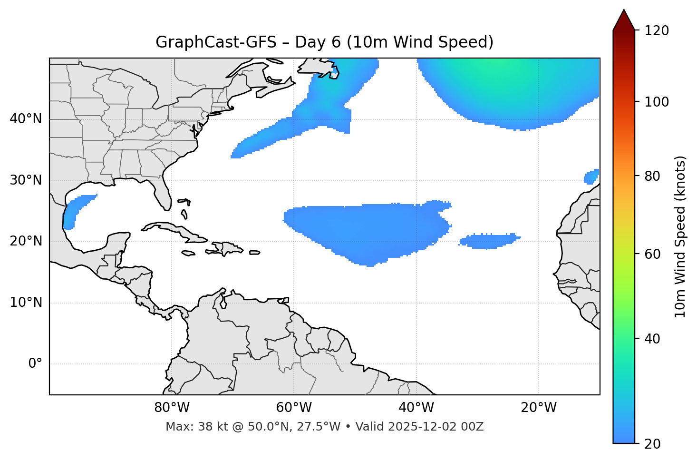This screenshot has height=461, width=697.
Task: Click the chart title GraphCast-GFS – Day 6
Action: tap(324, 42)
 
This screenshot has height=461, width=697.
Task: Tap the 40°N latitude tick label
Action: tap(26, 119)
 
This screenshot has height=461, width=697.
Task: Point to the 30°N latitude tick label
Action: tap(26, 180)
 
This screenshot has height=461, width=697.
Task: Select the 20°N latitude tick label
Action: tap(26, 241)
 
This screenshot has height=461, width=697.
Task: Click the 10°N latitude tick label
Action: tap(26, 303)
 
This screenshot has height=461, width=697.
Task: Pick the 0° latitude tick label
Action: tap(35, 364)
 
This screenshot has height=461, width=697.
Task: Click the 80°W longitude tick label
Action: tap(172, 408)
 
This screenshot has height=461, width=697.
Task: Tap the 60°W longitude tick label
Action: tap(294, 408)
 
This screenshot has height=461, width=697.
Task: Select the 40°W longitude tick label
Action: tap(416, 408)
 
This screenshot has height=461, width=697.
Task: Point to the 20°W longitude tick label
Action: tap(538, 408)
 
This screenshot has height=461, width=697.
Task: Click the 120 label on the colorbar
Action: tap(656, 31)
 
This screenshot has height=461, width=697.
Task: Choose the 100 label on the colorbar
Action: tap(656, 102)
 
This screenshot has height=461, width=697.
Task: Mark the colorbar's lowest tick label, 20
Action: tap(652, 444)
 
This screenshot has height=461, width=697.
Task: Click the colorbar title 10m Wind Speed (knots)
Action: tap(680, 236)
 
